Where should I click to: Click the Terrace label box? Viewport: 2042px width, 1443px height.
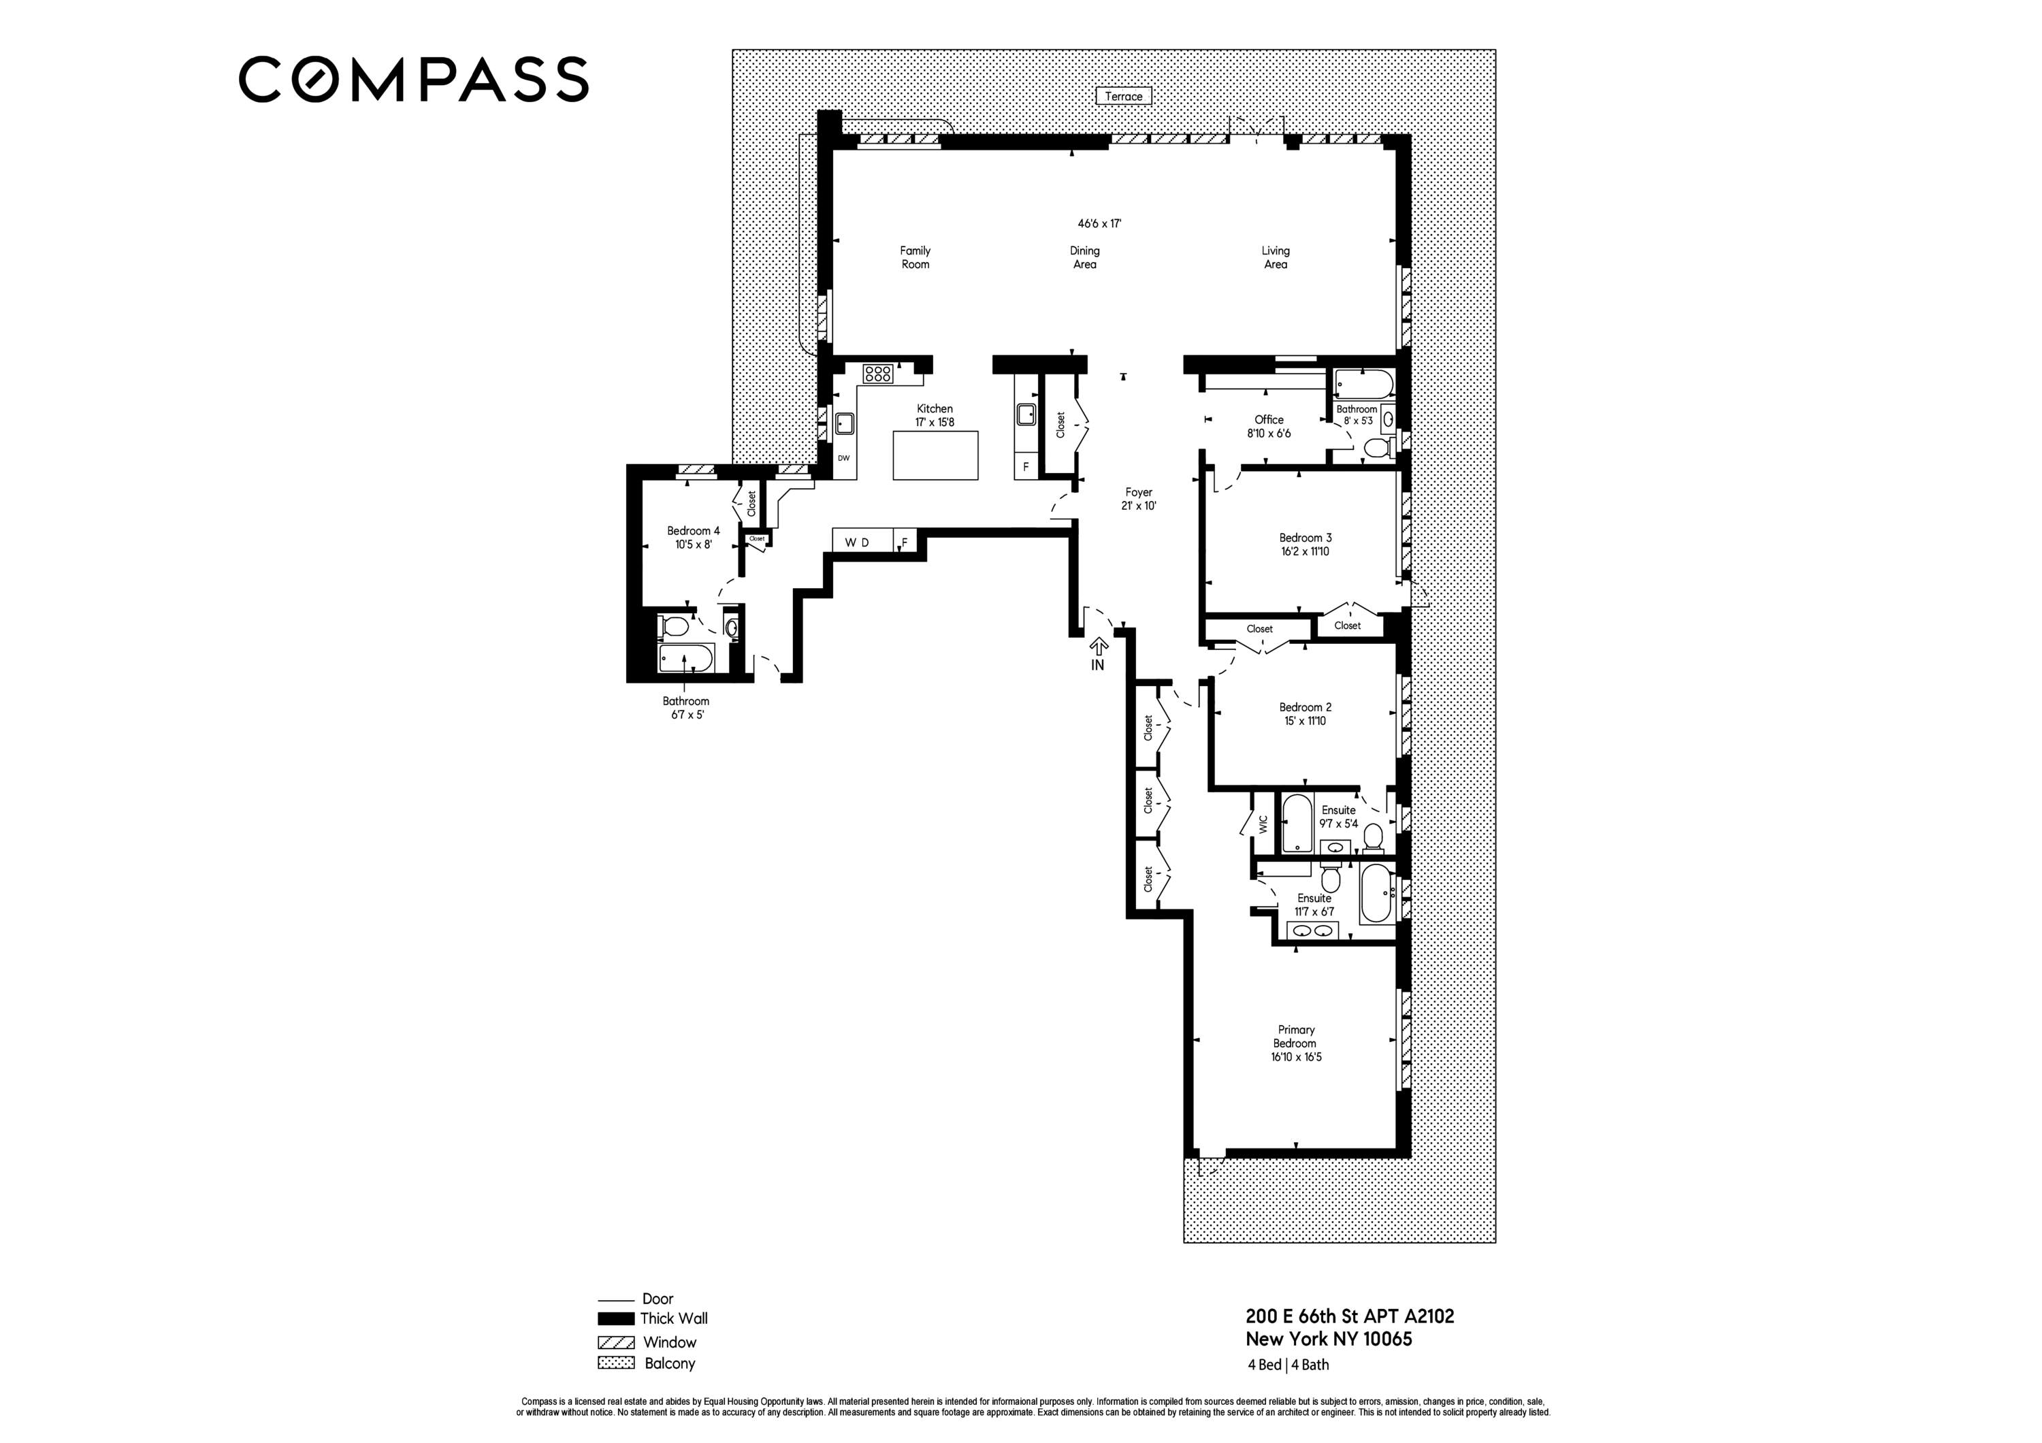(1123, 96)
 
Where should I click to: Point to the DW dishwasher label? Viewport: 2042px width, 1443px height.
(843, 458)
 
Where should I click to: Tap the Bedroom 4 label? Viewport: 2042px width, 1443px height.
(693, 531)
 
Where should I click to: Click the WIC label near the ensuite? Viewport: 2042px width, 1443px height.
(1262, 824)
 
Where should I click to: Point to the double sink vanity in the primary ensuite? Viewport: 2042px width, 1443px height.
(1313, 931)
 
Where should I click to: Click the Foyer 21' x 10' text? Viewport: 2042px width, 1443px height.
(1138, 499)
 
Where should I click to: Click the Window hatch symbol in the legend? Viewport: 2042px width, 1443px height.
(615, 1342)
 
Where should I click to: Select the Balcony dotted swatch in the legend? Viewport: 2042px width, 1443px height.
(615, 1363)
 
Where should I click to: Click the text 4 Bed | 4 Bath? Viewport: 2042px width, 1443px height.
(1288, 1365)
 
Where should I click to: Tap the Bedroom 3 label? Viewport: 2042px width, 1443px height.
(1305, 538)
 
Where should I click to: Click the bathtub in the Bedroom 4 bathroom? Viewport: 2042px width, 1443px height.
(685, 660)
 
